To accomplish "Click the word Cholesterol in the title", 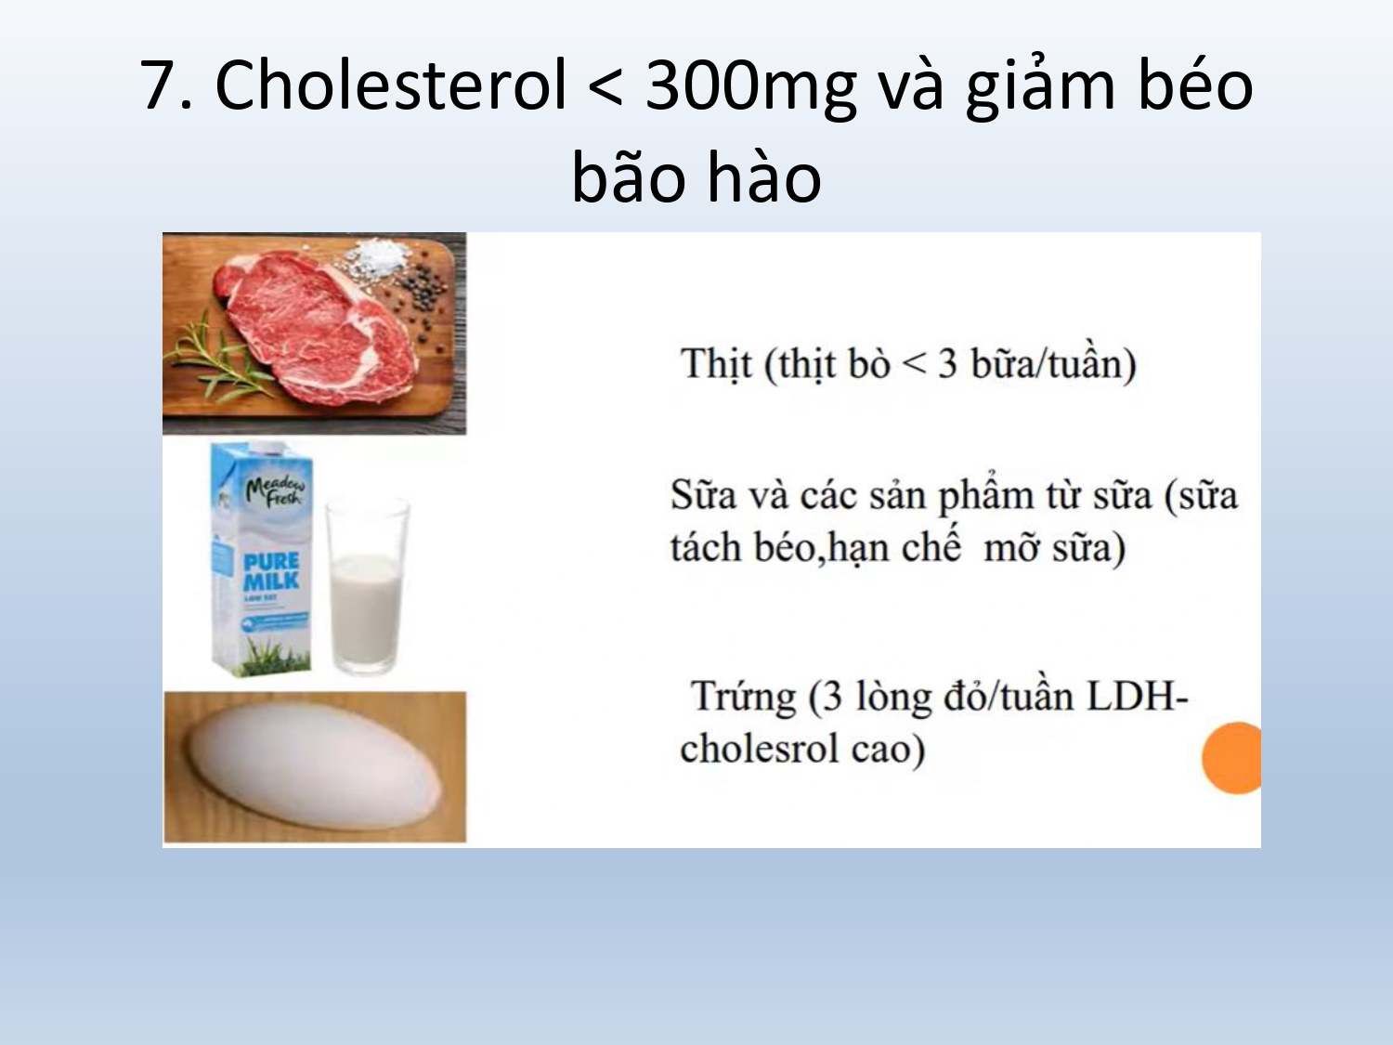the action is [x=390, y=85].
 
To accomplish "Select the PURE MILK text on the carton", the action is [x=271, y=570].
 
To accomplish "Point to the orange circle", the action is [x=1232, y=758].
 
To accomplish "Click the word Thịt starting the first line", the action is [x=717, y=365].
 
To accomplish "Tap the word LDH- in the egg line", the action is [x=1138, y=696].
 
